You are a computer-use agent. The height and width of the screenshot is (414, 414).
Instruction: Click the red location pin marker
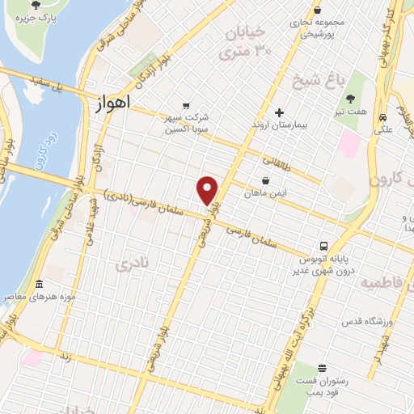click(x=208, y=189)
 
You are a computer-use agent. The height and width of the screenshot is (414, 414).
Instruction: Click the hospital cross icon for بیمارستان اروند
click(x=279, y=112)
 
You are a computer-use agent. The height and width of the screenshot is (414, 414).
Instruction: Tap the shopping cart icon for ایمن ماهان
click(x=266, y=180)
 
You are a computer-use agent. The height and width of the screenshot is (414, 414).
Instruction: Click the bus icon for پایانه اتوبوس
click(x=323, y=246)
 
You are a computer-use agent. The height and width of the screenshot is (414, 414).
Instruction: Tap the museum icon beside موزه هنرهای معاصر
click(x=40, y=284)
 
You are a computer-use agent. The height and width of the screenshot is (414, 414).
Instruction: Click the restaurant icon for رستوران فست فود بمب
click(x=323, y=367)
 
